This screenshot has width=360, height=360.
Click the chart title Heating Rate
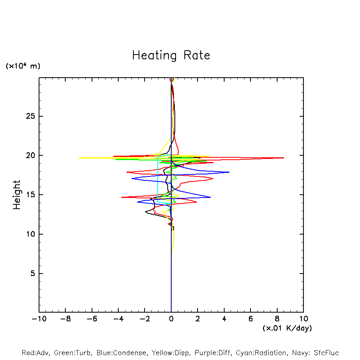[171, 55]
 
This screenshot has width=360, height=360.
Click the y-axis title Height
[17, 195]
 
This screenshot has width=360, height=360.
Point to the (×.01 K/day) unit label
[287, 328]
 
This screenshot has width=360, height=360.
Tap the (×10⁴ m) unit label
[23, 66]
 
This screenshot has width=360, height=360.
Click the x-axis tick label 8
[277, 319]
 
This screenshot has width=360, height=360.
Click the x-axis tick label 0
[171, 319]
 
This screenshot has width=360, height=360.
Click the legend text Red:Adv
[35, 353]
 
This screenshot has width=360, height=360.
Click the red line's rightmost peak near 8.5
[284, 158]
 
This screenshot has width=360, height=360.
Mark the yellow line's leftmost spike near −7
[79, 158]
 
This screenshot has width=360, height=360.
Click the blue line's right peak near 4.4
[229, 172]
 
